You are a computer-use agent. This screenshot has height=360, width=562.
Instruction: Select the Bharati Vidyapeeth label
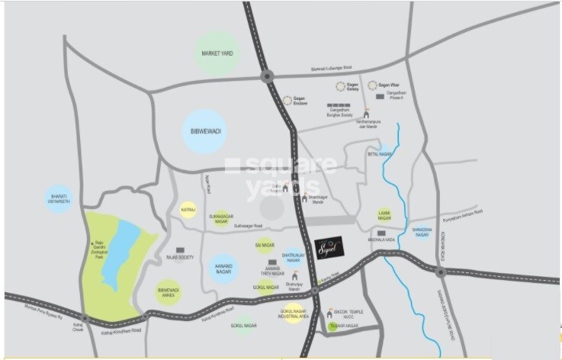[59, 200]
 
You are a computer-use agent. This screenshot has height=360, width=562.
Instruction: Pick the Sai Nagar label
[264, 246]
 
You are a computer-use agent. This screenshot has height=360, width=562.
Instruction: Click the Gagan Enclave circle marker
[287, 100]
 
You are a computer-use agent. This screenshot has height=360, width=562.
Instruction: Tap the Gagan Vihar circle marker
[372, 85]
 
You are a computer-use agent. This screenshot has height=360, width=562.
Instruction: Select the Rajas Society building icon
[181, 249]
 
